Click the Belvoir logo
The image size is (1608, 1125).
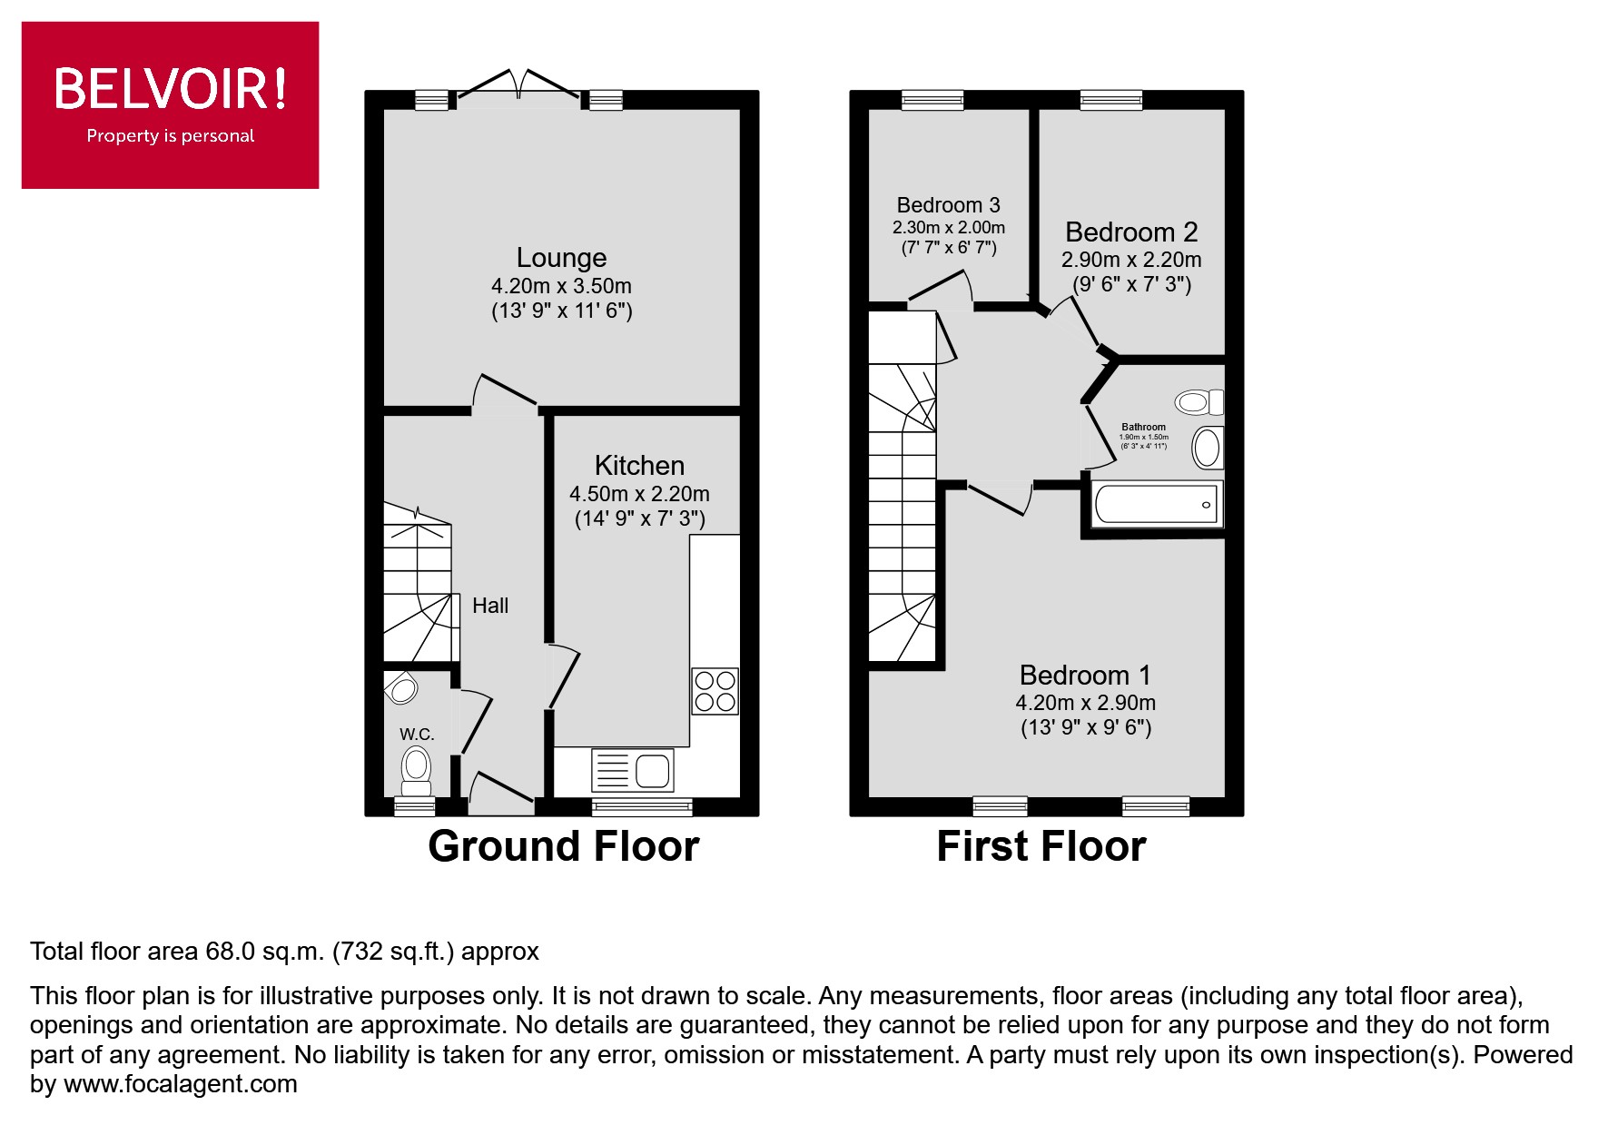(x=170, y=104)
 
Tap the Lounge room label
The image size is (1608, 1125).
(x=561, y=258)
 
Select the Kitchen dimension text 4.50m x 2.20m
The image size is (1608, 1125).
(x=639, y=494)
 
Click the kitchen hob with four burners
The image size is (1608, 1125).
(x=715, y=691)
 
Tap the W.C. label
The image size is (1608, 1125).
(x=417, y=734)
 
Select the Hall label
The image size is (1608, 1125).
(x=490, y=606)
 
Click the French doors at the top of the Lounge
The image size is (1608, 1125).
(x=518, y=86)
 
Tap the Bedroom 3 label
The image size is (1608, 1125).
(x=948, y=205)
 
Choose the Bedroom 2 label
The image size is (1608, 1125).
(x=1131, y=232)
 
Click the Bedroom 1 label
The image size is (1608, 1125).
(x=1085, y=676)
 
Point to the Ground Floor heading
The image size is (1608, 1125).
(x=563, y=846)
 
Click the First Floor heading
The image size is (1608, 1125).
(x=1041, y=846)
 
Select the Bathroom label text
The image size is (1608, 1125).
(x=1143, y=427)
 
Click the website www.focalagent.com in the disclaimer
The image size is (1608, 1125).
(x=180, y=1084)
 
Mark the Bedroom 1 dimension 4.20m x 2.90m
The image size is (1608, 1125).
(x=1085, y=703)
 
